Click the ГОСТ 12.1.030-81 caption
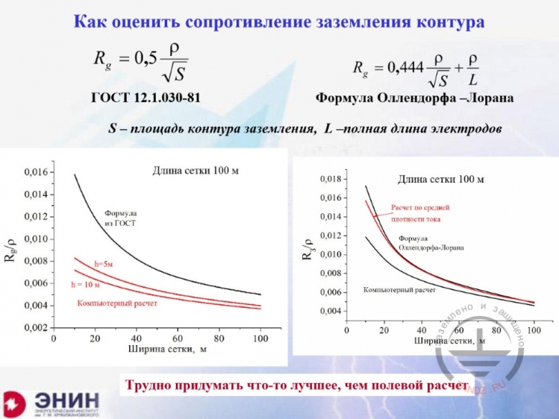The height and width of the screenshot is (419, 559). click(x=146, y=98)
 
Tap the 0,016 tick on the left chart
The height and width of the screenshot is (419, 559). click(x=34, y=172)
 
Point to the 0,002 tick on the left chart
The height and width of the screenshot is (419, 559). click(x=34, y=328)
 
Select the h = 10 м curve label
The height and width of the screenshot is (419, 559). click(x=86, y=285)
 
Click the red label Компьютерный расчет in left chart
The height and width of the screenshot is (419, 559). click(x=117, y=303)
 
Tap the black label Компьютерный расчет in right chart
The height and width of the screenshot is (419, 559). click(x=399, y=289)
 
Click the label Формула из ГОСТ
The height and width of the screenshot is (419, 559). click(x=120, y=217)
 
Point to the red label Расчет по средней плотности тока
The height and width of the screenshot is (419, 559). click(x=421, y=213)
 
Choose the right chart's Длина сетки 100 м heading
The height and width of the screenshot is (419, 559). click(x=440, y=179)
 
